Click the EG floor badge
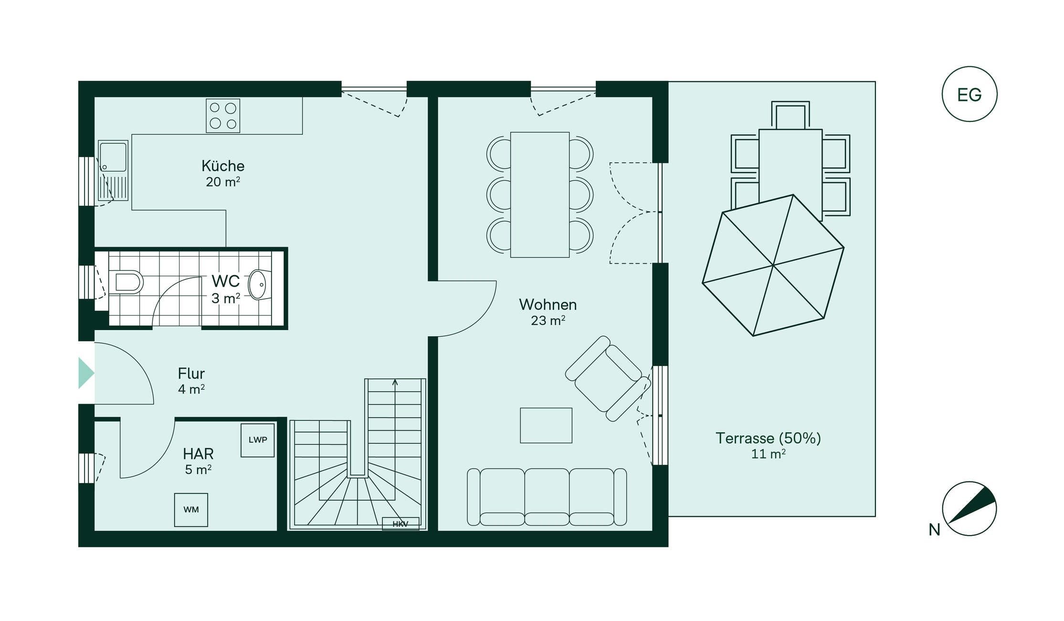[x=969, y=94]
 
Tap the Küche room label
[x=223, y=166]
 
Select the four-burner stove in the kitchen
[x=223, y=116]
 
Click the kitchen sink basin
[x=113, y=156]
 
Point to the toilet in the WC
[x=126, y=282]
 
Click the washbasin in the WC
[x=258, y=285]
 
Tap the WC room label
[x=225, y=281]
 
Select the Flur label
[x=191, y=373]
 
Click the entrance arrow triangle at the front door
[x=86, y=373]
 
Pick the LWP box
[x=258, y=440]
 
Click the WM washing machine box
[x=191, y=510]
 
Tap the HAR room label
[x=198, y=453]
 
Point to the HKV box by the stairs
[x=400, y=524]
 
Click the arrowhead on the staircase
[x=395, y=382]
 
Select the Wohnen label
[x=548, y=304]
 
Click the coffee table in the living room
[x=546, y=425]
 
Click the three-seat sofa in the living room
[x=547, y=497]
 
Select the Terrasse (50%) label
[x=768, y=438]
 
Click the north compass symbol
[x=969, y=508]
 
